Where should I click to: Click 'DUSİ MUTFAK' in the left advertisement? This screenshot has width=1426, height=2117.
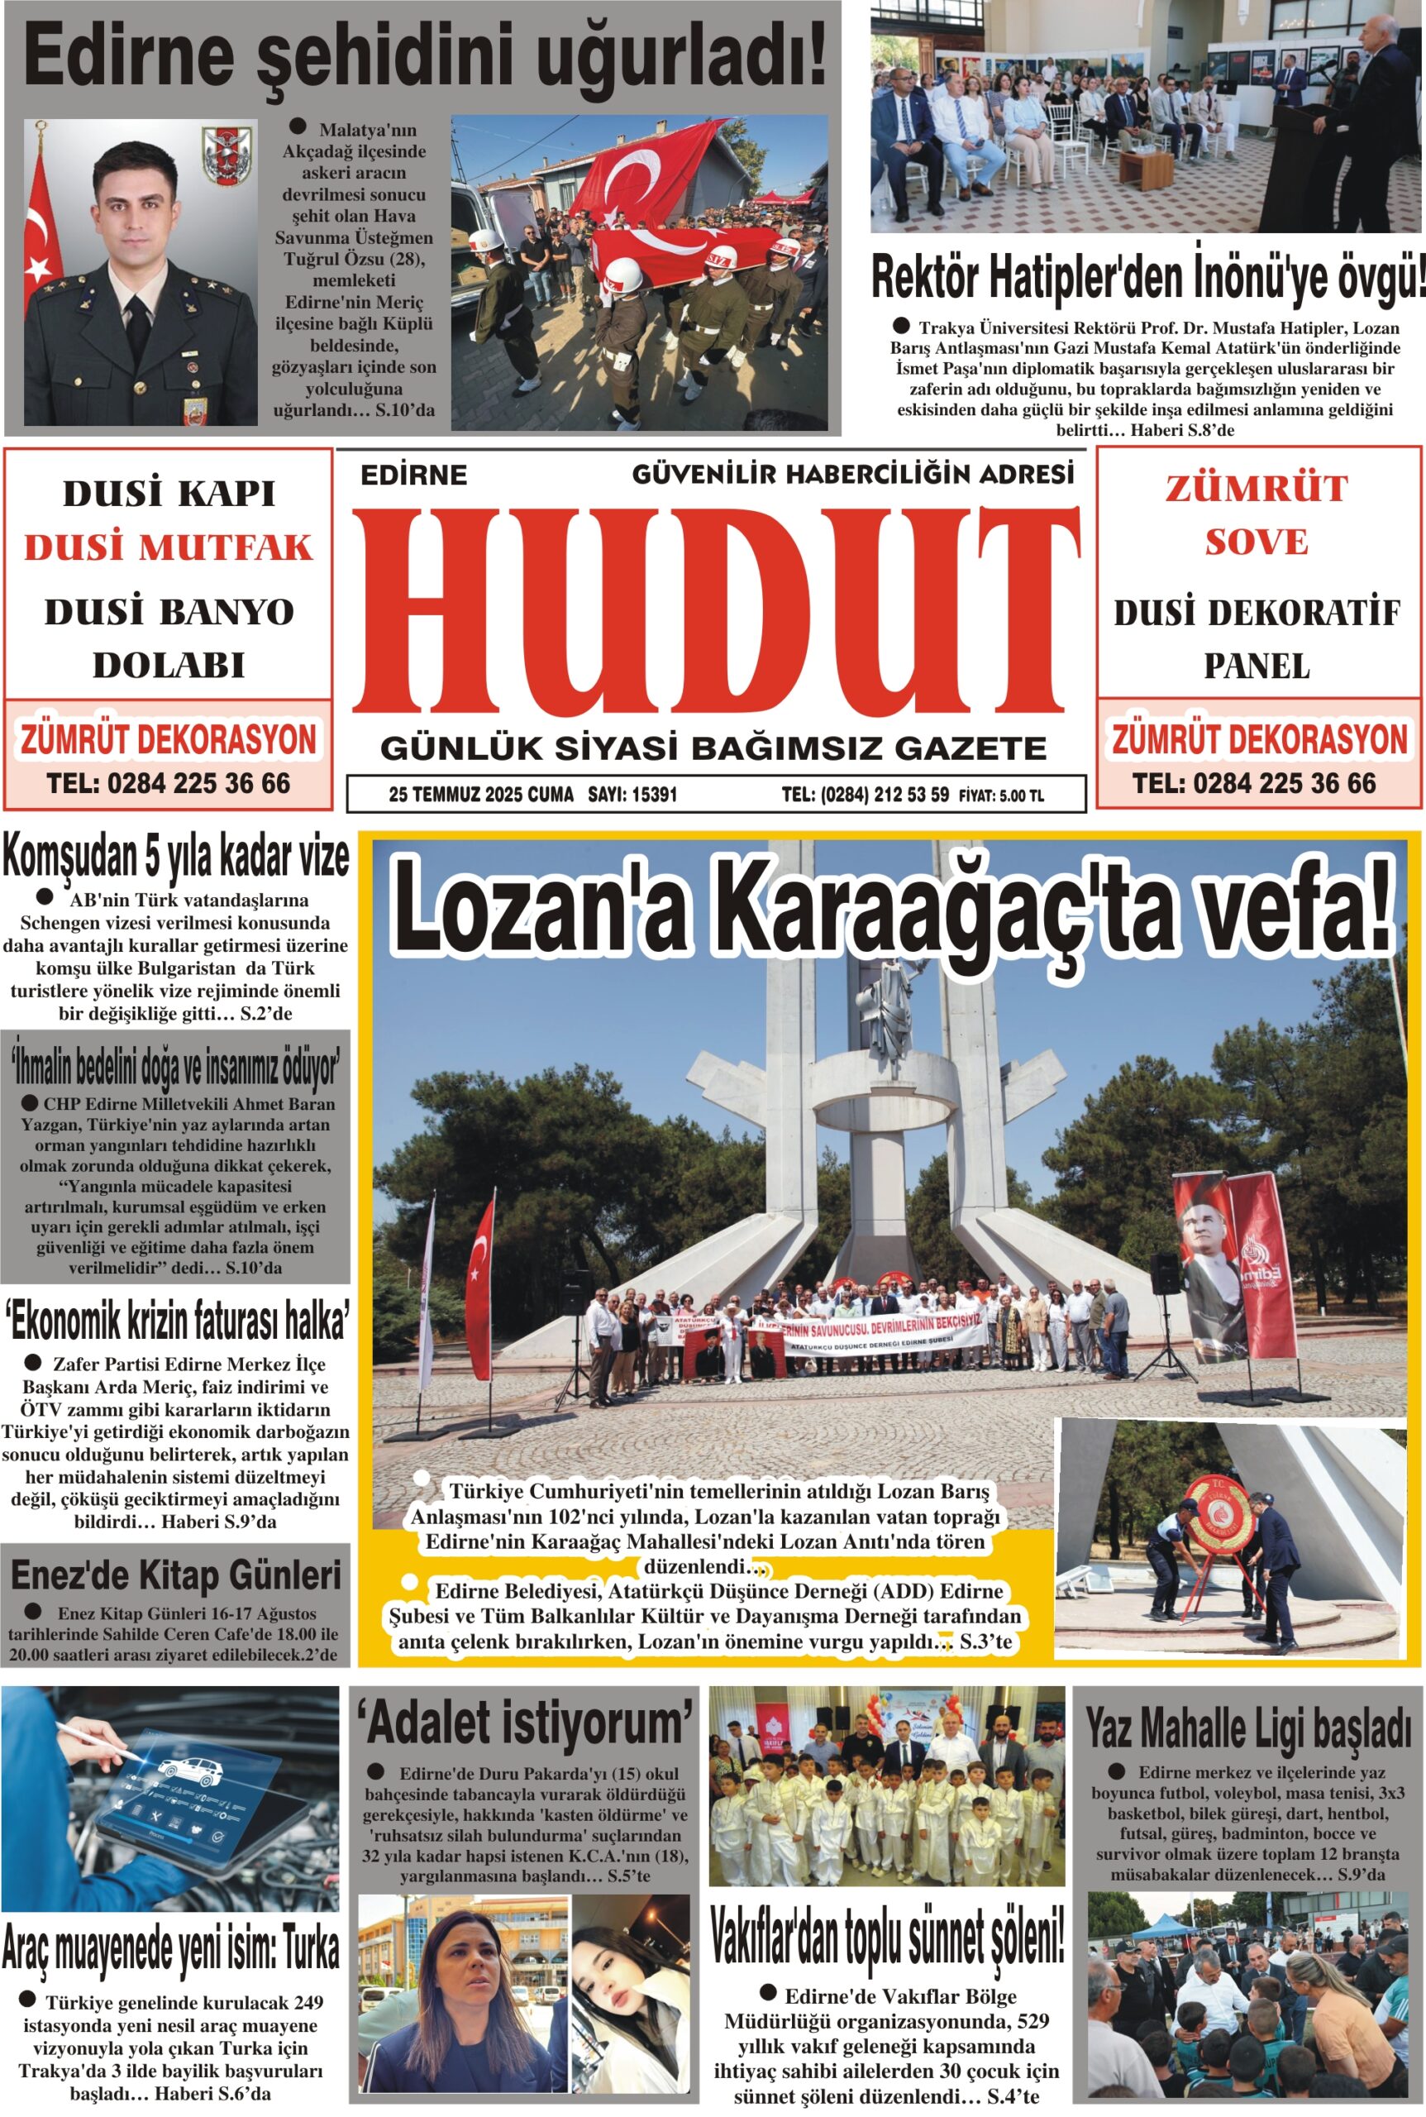coord(169,547)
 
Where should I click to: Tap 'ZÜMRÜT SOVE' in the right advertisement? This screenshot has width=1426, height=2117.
coord(1256,515)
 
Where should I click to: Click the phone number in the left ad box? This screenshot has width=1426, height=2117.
coord(169,783)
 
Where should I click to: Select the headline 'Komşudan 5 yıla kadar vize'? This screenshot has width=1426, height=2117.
coord(175,858)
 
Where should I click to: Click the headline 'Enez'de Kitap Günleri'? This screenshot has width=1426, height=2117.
coord(175,1574)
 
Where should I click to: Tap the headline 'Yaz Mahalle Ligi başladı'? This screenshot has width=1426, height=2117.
coord(1248,1730)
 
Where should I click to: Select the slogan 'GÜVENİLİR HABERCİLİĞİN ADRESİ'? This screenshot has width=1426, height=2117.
coord(852,474)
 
